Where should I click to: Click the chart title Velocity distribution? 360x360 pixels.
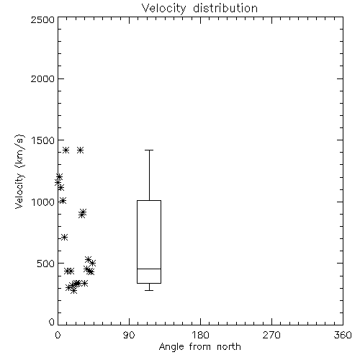199,9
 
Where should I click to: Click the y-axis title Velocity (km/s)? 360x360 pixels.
19,171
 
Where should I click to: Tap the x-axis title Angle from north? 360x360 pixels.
199,347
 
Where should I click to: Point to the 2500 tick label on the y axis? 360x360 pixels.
42,19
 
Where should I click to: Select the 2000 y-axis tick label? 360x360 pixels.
42,79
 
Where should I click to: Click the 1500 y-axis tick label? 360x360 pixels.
43,140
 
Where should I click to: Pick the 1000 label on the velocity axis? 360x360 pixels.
43,202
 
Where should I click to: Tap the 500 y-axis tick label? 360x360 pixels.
46,264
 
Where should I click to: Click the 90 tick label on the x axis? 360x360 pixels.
129,336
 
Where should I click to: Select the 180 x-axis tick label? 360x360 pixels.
200,336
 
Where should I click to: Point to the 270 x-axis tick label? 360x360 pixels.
271,336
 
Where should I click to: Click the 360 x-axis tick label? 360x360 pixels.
343,336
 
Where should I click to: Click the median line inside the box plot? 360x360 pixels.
149,269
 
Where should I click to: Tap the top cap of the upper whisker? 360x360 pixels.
149,150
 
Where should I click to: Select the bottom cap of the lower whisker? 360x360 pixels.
149,290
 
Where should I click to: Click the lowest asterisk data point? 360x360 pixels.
73,291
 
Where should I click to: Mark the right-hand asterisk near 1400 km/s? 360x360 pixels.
81,150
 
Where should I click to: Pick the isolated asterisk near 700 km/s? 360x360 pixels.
64,238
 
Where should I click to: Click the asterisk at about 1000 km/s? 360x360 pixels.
63,201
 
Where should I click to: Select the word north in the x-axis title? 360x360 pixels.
229,347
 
